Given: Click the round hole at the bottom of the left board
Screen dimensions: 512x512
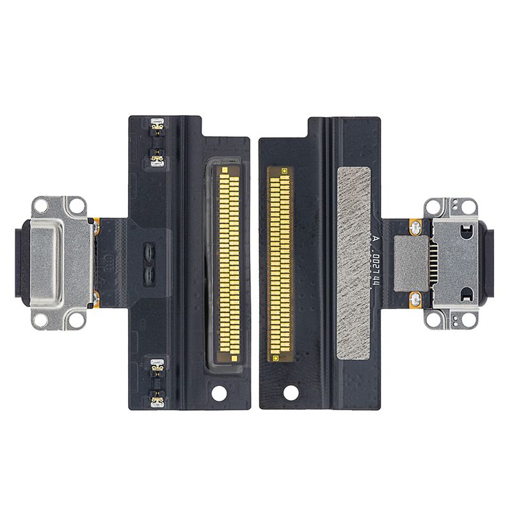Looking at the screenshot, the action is tap(219, 393).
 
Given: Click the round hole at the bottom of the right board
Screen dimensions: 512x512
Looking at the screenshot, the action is tap(291, 392).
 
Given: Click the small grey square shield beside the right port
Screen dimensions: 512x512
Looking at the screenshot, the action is tap(411, 263).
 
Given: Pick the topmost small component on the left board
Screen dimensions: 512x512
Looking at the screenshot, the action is tap(157, 126).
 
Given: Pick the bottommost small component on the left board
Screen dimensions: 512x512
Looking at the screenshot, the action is tap(157, 400).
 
